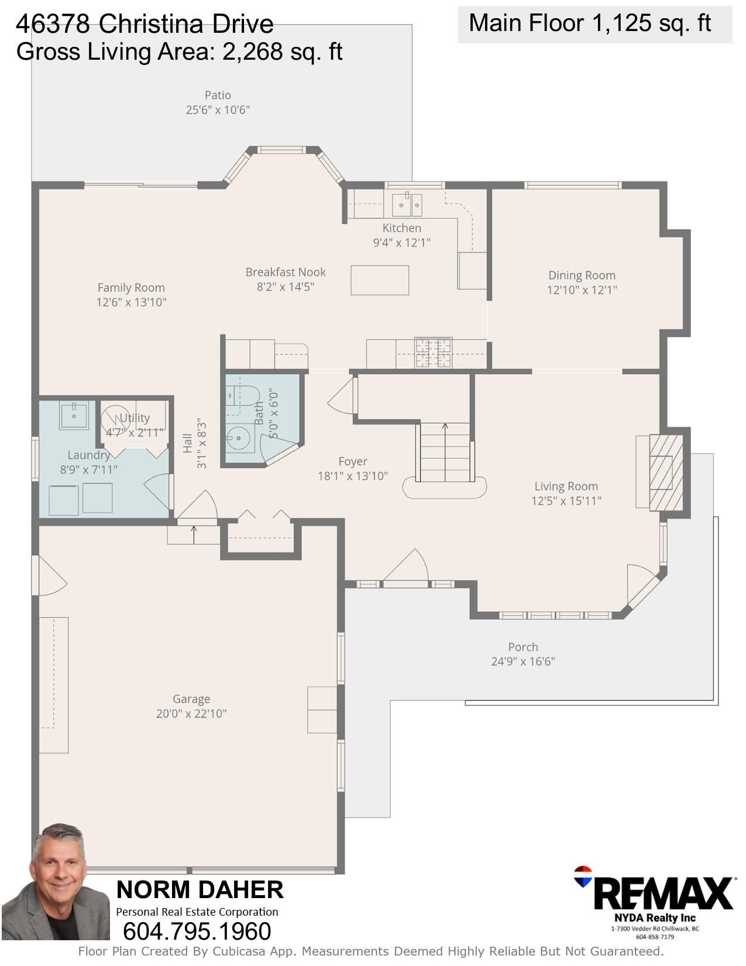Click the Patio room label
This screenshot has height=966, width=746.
pyautogui.click(x=218, y=95)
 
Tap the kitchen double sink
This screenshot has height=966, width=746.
pyautogui.click(x=407, y=204)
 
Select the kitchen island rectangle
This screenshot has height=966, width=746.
pyautogui.click(x=380, y=280)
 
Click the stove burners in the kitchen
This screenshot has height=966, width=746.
pyautogui.click(x=433, y=353)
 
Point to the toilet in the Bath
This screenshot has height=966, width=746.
pyautogui.click(x=243, y=396)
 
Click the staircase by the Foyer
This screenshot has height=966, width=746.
pyautogui.click(x=445, y=452)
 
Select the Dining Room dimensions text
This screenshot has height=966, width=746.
pyautogui.click(x=582, y=290)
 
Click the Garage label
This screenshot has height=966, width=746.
pyautogui.click(x=191, y=699)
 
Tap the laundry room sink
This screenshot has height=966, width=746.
pyautogui.click(x=74, y=415)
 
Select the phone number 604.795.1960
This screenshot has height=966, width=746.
pyautogui.click(x=197, y=931)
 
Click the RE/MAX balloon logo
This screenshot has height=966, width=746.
pyautogui.click(x=583, y=876)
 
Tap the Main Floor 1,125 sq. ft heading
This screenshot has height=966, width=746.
pyautogui.click(x=590, y=23)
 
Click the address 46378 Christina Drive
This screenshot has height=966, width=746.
pyautogui.click(x=145, y=24)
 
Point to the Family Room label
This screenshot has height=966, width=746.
pyautogui.click(x=131, y=288)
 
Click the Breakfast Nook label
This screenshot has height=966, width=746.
pyautogui.click(x=286, y=272)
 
